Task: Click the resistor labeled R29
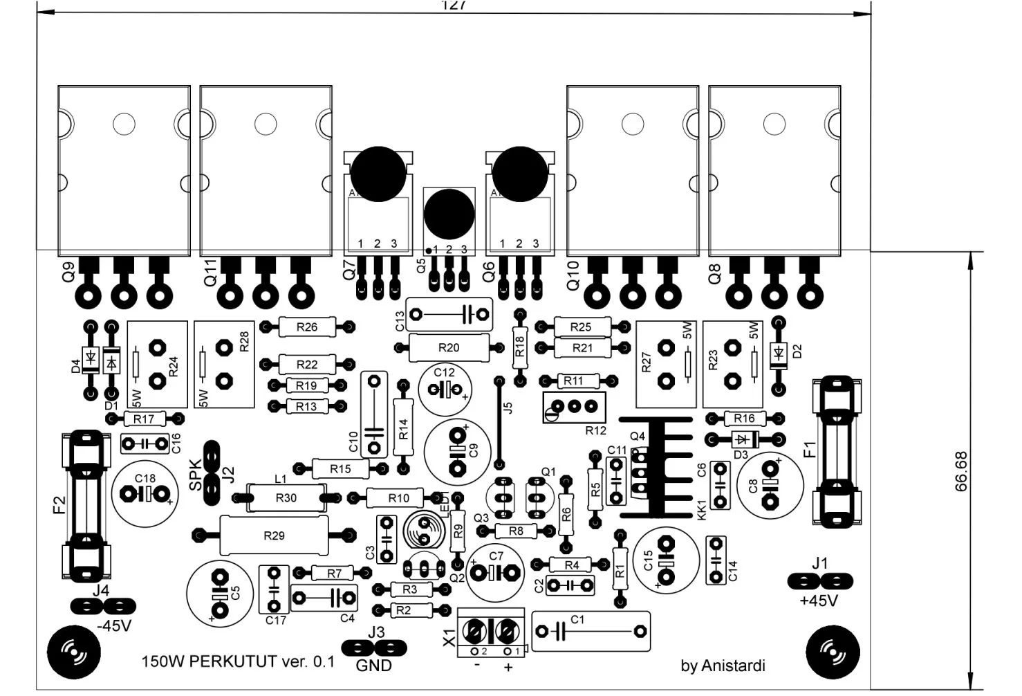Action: point(274,535)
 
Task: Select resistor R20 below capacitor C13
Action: point(449,347)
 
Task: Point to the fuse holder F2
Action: point(87,506)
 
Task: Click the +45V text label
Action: point(819,601)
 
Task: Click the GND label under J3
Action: point(373,666)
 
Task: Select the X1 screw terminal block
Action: point(492,632)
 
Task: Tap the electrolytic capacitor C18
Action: point(145,493)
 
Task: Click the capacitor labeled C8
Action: point(770,485)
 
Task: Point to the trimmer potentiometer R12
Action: point(574,407)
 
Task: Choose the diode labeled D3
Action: point(743,439)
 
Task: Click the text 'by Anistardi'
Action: point(723,666)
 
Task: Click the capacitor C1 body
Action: point(591,631)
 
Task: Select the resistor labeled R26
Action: point(307,327)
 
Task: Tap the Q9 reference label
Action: point(68,274)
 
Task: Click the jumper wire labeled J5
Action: point(499,422)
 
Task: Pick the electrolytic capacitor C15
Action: point(666,560)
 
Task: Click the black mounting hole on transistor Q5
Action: point(449,213)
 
